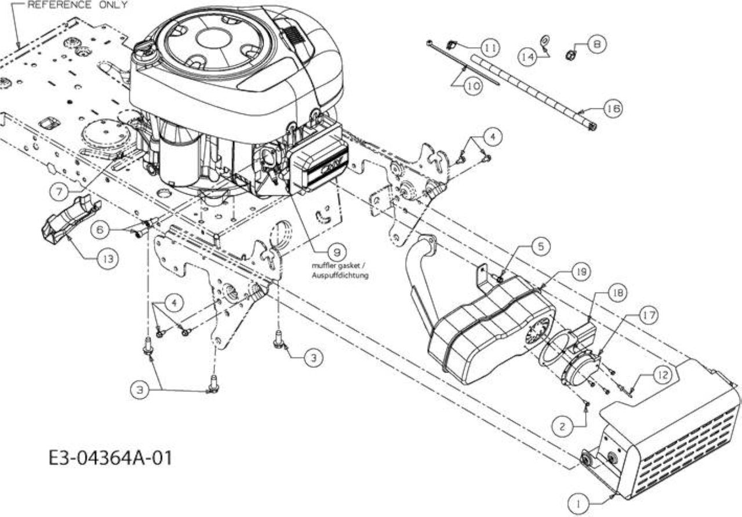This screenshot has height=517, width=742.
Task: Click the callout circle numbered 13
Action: pos(108,258)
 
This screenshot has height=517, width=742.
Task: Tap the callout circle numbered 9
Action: pos(337,253)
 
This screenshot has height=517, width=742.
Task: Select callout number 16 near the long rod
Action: pos(613,108)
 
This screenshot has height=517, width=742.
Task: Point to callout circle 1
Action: pos(578,504)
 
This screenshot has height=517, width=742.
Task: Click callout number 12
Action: pos(663,375)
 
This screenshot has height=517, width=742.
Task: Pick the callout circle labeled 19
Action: pos(581,272)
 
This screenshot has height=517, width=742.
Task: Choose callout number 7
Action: pos(59,192)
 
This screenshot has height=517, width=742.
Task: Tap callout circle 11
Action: pos(490,48)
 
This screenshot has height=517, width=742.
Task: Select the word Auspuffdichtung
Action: pos(340,275)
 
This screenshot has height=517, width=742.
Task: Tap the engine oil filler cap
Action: pos(145,50)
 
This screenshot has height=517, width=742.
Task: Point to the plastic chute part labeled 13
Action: pos(71,220)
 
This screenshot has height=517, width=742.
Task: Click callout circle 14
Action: pos(528,57)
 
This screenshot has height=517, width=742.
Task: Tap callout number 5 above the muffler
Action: pos(540,246)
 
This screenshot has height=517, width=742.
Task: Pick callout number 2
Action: pos(562,427)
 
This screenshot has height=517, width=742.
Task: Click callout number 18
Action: pos(617,293)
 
